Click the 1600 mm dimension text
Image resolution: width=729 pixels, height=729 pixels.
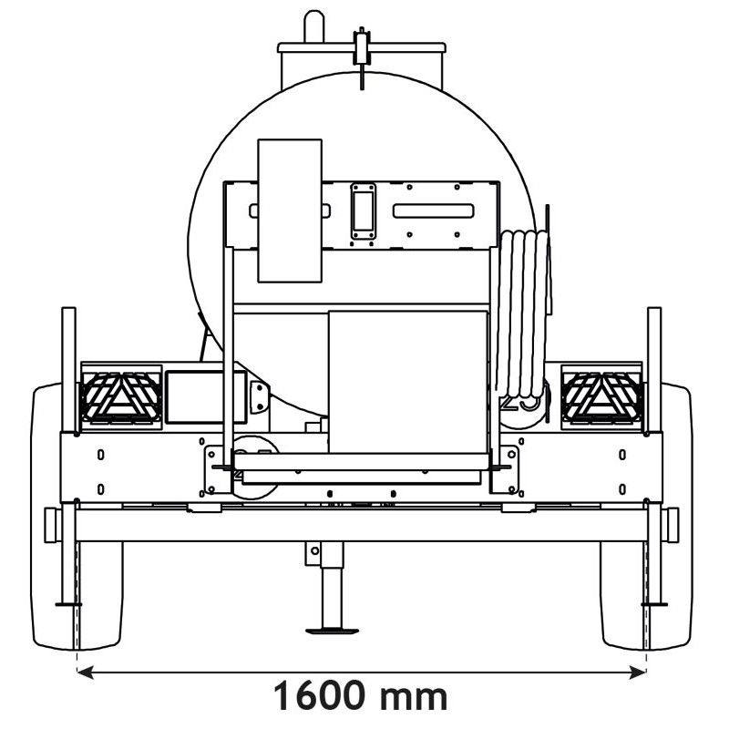pos(362,697)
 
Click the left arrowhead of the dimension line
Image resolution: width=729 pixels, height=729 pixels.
pos(84,673)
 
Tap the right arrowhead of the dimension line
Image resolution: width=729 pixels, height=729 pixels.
pos(640,673)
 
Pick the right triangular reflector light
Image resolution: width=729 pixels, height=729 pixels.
pos(602,396)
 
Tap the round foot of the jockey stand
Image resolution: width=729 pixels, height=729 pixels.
pos(332,630)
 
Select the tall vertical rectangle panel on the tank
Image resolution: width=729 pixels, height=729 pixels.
pos(290,210)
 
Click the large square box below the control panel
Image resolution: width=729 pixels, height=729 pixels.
pos(407,381)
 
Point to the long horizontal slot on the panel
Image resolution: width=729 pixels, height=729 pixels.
pos(433,210)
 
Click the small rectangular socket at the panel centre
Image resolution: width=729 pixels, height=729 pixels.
pos(364,210)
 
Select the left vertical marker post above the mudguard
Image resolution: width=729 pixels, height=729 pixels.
pos(68,364)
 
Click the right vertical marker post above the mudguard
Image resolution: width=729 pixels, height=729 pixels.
pos(654,364)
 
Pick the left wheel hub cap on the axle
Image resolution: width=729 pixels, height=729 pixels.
pos(52,524)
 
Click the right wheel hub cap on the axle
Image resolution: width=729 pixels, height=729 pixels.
pos(672,524)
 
